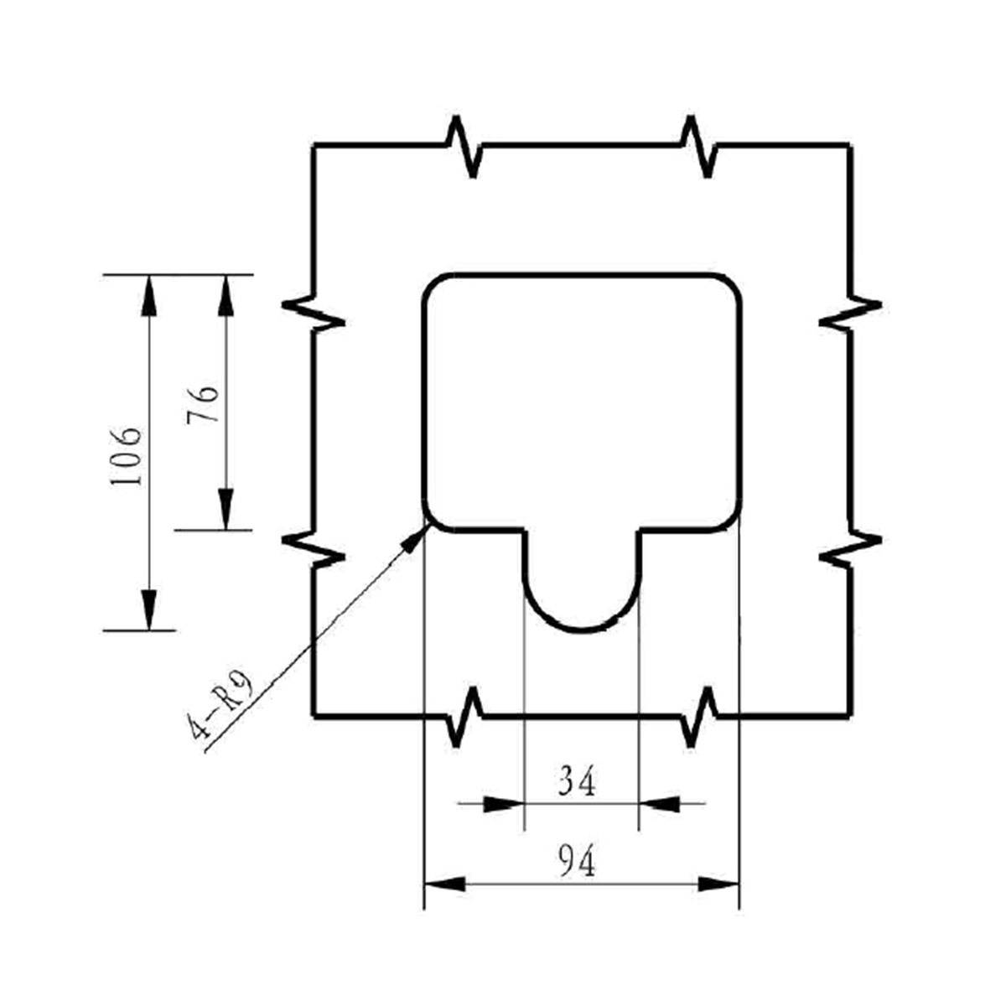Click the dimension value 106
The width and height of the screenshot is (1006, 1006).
126,456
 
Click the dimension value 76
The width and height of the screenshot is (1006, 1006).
202,405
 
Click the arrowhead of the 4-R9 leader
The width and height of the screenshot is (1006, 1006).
415,538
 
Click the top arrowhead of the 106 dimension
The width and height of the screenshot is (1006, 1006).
149,296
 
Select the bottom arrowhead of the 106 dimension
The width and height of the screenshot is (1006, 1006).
149,609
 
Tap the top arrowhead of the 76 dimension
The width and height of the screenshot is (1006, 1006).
226,296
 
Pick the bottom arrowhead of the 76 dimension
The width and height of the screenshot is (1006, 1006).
226,510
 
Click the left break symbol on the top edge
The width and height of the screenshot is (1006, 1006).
464,147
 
